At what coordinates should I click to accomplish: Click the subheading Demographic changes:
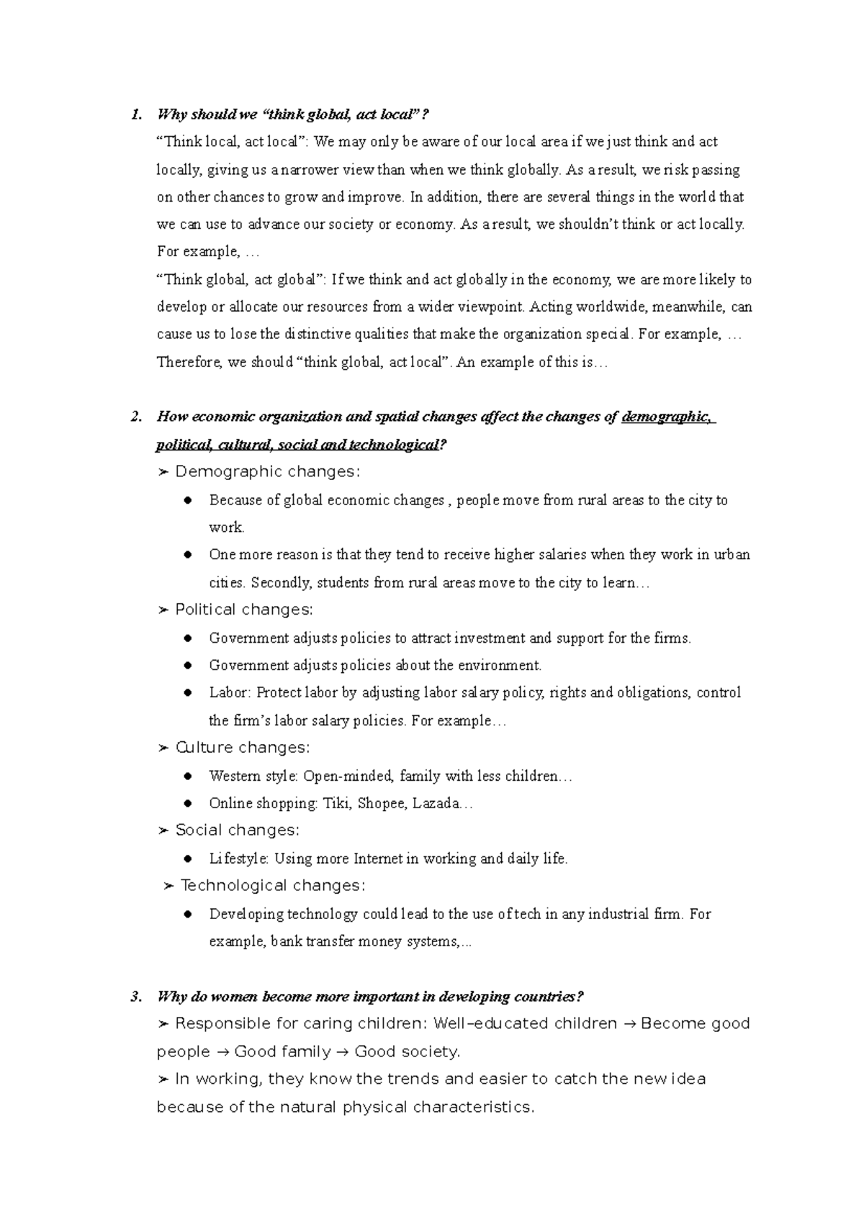266,472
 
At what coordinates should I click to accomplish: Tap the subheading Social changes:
237,830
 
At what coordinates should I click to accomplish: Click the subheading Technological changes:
272,886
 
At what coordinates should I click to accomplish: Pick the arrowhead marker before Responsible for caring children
163,1024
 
